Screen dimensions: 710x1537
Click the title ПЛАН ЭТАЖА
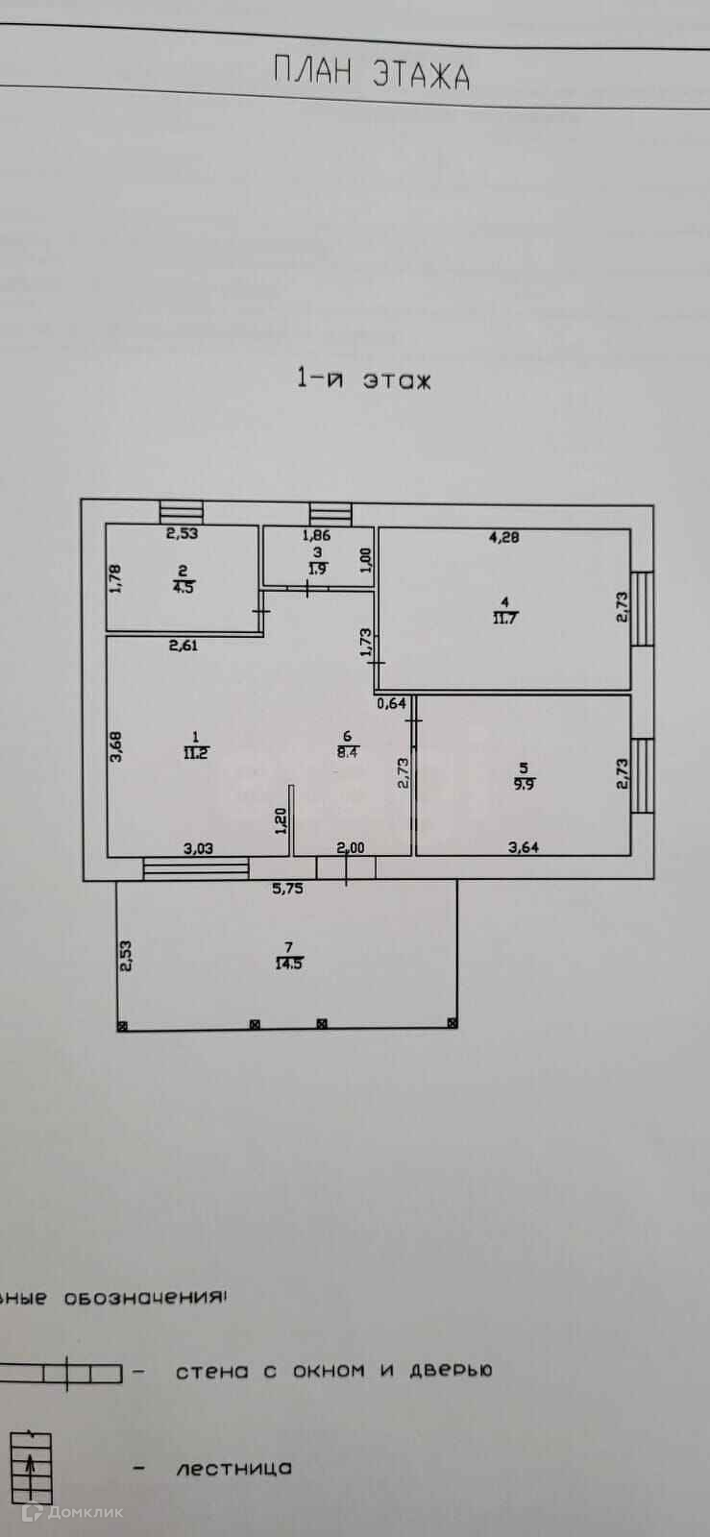372,73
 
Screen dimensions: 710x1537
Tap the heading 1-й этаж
364,379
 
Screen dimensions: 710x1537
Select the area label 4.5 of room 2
183,588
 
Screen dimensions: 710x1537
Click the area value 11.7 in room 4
505,618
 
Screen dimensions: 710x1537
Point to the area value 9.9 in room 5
523,783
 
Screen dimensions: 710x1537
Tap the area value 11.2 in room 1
195,752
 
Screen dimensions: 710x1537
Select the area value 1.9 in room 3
317,569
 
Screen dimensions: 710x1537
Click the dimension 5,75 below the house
287,889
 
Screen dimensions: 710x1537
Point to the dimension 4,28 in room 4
503,538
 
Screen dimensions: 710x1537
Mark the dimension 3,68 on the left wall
115,746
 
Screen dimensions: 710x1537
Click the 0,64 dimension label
392,703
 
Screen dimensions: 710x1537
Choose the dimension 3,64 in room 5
524,846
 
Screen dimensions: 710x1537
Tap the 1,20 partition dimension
281,822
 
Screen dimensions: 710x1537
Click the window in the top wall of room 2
181,513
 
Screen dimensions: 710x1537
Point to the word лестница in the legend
233,1469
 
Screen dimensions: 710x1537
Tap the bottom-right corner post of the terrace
452,1024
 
